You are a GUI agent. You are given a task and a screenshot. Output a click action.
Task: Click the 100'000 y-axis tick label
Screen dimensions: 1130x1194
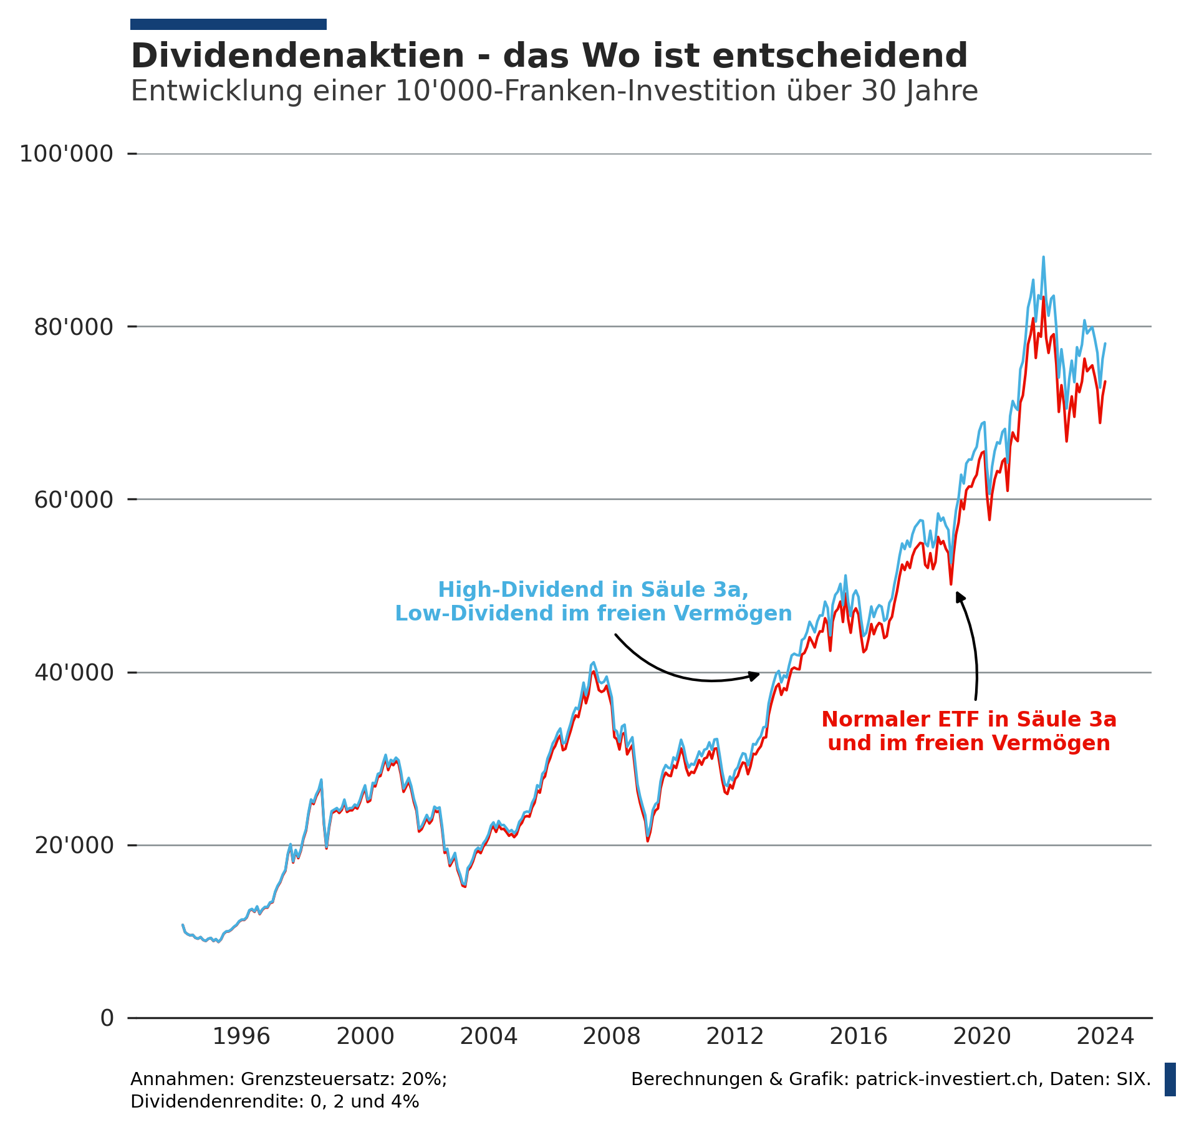(x=66, y=154)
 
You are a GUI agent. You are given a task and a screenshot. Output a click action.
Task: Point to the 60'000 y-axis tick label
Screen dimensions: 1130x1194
(x=74, y=500)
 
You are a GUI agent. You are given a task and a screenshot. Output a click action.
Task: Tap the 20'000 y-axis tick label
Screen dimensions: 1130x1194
(x=74, y=846)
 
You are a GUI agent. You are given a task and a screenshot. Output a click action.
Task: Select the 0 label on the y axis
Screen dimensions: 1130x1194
(x=107, y=1018)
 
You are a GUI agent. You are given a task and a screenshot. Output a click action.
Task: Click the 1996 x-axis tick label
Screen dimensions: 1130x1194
(x=241, y=1037)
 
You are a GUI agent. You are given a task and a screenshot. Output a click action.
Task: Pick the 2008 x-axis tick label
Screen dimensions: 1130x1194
(x=611, y=1037)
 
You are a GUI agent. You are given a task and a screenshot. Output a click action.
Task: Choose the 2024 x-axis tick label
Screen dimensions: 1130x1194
(x=1105, y=1037)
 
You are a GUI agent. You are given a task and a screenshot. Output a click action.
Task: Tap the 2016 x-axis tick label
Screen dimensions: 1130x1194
(x=858, y=1037)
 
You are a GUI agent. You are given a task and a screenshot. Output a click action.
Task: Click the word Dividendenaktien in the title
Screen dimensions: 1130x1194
(x=297, y=57)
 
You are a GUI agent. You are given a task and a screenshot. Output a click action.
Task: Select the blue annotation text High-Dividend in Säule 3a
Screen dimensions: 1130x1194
(x=593, y=590)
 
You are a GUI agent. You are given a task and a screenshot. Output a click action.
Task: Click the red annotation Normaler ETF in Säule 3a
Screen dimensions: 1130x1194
(x=968, y=720)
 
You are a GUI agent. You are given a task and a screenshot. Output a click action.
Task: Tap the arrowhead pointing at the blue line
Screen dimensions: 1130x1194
(x=755, y=675)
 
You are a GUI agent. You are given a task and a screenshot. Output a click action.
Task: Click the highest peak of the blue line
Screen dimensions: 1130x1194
(x=1043, y=257)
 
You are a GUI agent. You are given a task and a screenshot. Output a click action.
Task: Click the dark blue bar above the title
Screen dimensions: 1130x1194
(x=228, y=24)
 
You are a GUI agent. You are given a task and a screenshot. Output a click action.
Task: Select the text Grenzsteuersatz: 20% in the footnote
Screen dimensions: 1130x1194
(x=342, y=1079)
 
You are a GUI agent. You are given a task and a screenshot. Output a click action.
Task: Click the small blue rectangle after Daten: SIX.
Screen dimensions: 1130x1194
(x=1170, y=1079)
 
